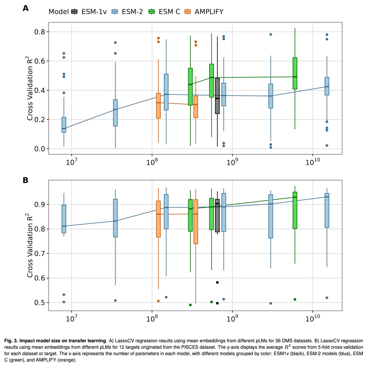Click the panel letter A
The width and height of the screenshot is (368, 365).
[x=26, y=8]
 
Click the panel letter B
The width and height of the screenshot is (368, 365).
[x=26, y=180]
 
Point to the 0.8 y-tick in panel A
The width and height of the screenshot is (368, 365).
[x=40, y=32]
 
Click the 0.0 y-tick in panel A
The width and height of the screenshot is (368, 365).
[x=40, y=149]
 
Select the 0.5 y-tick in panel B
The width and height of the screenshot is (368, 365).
[x=40, y=303]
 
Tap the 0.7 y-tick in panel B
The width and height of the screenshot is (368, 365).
[x=40, y=254]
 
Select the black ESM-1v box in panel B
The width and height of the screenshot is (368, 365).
[x=217, y=215]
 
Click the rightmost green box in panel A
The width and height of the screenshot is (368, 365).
[x=295, y=73]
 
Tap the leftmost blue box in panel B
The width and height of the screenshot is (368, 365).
[x=64, y=219]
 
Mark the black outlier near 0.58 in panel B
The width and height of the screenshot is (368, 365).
[x=217, y=282]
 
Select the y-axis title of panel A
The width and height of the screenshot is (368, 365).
[x=30, y=88]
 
